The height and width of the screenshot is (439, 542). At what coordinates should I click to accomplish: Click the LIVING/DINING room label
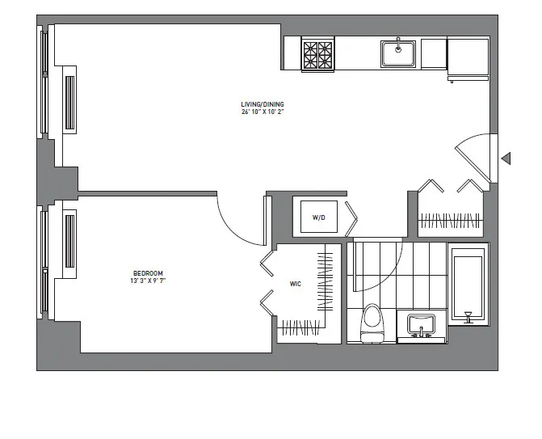coord(263,104)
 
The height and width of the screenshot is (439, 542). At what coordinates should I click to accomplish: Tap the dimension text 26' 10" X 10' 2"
coord(263,112)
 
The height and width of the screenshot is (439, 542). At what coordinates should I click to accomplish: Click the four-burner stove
coord(318,55)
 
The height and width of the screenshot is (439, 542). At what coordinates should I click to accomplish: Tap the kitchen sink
coord(398,54)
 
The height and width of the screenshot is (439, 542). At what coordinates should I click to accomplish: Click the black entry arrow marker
coord(506,158)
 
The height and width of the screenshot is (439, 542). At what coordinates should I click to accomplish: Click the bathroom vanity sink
coord(421,326)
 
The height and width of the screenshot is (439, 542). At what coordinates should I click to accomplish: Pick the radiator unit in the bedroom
coord(70,240)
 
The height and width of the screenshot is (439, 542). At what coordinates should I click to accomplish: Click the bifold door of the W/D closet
coord(352,217)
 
